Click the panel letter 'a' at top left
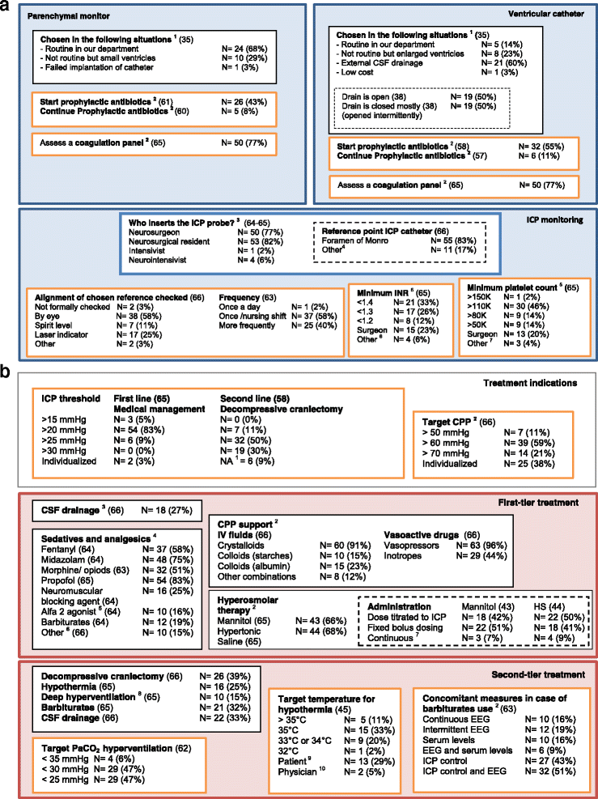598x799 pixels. (x=6, y=8)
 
